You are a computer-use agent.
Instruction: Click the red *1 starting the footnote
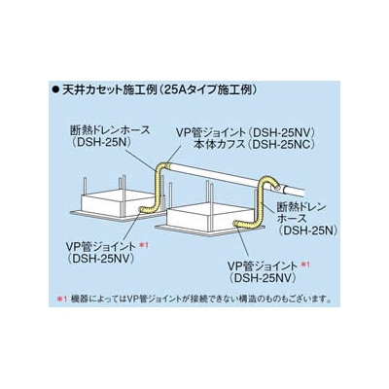click(x=61, y=298)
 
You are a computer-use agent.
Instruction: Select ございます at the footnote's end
click(x=308, y=298)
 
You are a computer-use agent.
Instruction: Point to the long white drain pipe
click(x=236, y=179)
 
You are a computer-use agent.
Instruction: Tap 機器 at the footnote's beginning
click(x=76, y=298)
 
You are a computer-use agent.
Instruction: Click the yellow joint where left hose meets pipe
click(x=167, y=165)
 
